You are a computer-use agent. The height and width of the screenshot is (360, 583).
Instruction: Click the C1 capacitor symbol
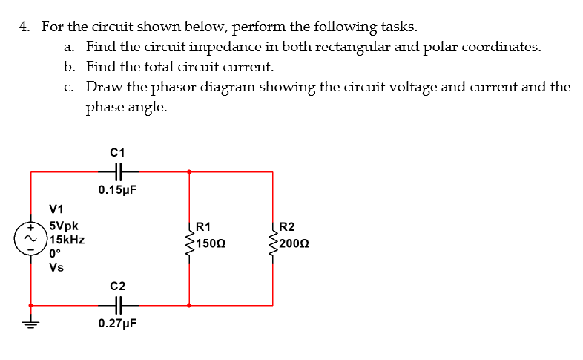[117, 172]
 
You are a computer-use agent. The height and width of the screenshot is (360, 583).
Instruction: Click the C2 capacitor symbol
[117, 305]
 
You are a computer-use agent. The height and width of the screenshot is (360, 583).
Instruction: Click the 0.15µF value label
[117, 191]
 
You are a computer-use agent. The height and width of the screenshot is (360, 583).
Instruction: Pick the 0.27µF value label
[117, 324]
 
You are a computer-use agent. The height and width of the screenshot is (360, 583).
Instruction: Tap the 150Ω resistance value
[212, 244]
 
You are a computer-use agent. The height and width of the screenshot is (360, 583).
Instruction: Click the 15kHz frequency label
[67, 240]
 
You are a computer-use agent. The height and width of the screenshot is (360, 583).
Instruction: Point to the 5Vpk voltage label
[64, 226]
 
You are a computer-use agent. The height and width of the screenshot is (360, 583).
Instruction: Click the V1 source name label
[56, 209]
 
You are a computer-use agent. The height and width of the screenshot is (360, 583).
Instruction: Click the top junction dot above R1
[190, 172]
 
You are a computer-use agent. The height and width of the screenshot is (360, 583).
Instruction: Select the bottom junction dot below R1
[190, 305]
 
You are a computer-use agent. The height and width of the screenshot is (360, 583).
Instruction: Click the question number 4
[25, 27]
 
